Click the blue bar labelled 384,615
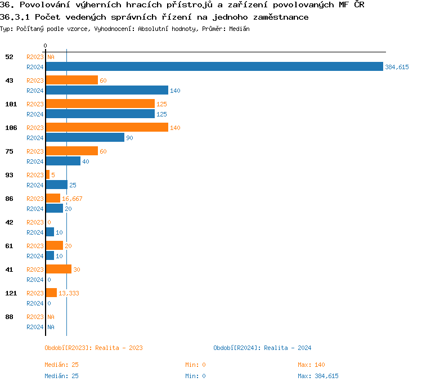click(x=214, y=66)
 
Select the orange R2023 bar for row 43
click(x=71, y=80)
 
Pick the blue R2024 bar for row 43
click(x=106, y=90)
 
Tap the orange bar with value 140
click(x=106, y=127)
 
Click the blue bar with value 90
click(x=84, y=137)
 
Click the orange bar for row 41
click(x=59, y=269)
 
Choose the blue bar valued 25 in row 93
click(x=56, y=185)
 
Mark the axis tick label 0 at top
click(x=46, y=46)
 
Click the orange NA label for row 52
click(x=51, y=57)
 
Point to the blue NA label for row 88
click(x=51, y=327)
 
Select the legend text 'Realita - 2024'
click(x=288, y=348)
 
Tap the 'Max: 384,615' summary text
click(x=318, y=376)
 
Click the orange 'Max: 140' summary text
click(x=311, y=365)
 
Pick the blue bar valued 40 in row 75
click(x=63, y=161)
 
